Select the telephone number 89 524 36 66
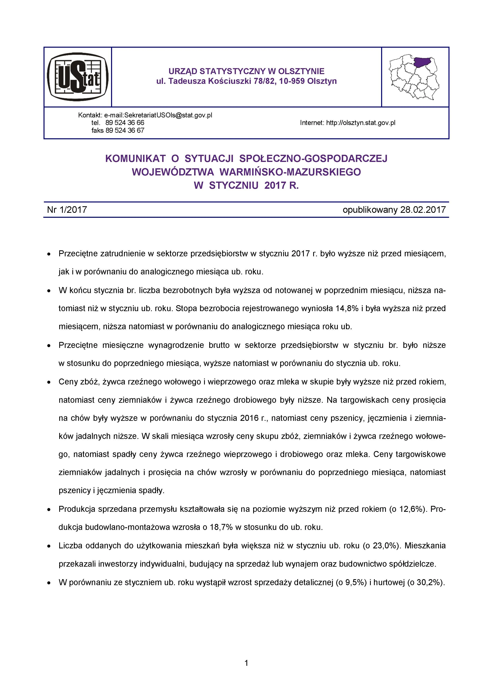(x=125, y=123)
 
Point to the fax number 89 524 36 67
(x=125, y=131)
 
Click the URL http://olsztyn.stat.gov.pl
(x=361, y=123)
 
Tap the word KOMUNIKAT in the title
(x=135, y=159)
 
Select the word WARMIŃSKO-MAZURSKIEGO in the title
(x=290, y=172)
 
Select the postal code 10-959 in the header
(x=292, y=81)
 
